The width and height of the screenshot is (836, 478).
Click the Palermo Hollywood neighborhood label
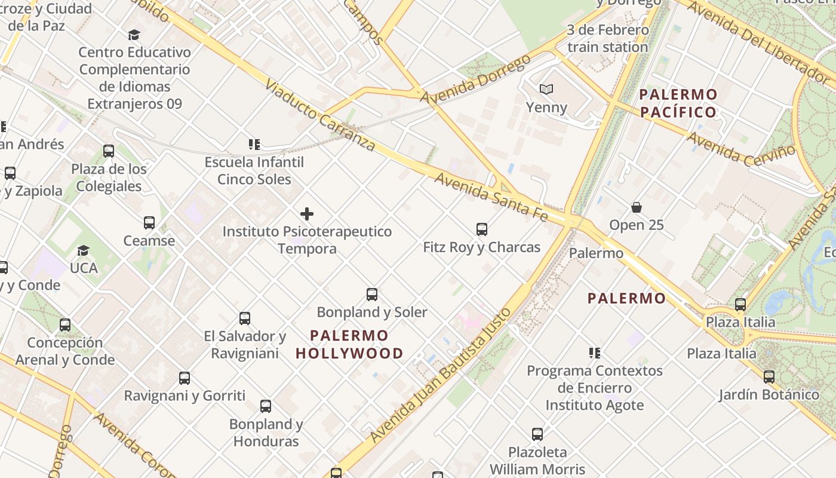(349, 344)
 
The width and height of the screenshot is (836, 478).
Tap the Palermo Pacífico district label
(678, 103)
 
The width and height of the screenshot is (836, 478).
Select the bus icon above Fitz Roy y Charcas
(481, 229)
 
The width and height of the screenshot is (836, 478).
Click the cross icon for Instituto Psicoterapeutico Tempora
(307, 214)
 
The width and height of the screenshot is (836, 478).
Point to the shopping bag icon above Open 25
(637, 207)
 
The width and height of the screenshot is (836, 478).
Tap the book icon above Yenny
(546, 90)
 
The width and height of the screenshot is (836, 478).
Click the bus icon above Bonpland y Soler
(371, 294)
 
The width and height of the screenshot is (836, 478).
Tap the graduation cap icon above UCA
(83, 250)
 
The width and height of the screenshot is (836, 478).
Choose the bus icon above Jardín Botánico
(769, 377)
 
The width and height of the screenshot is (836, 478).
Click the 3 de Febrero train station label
(607, 38)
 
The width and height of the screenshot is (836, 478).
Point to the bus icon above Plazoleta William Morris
(537, 434)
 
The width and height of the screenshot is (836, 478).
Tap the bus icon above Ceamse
(149, 223)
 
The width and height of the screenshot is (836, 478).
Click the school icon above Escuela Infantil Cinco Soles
(254, 145)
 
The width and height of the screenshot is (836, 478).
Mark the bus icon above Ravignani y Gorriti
(185, 378)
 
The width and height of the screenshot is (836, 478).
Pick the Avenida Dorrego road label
(475, 79)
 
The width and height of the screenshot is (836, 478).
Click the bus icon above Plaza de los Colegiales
(108, 151)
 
